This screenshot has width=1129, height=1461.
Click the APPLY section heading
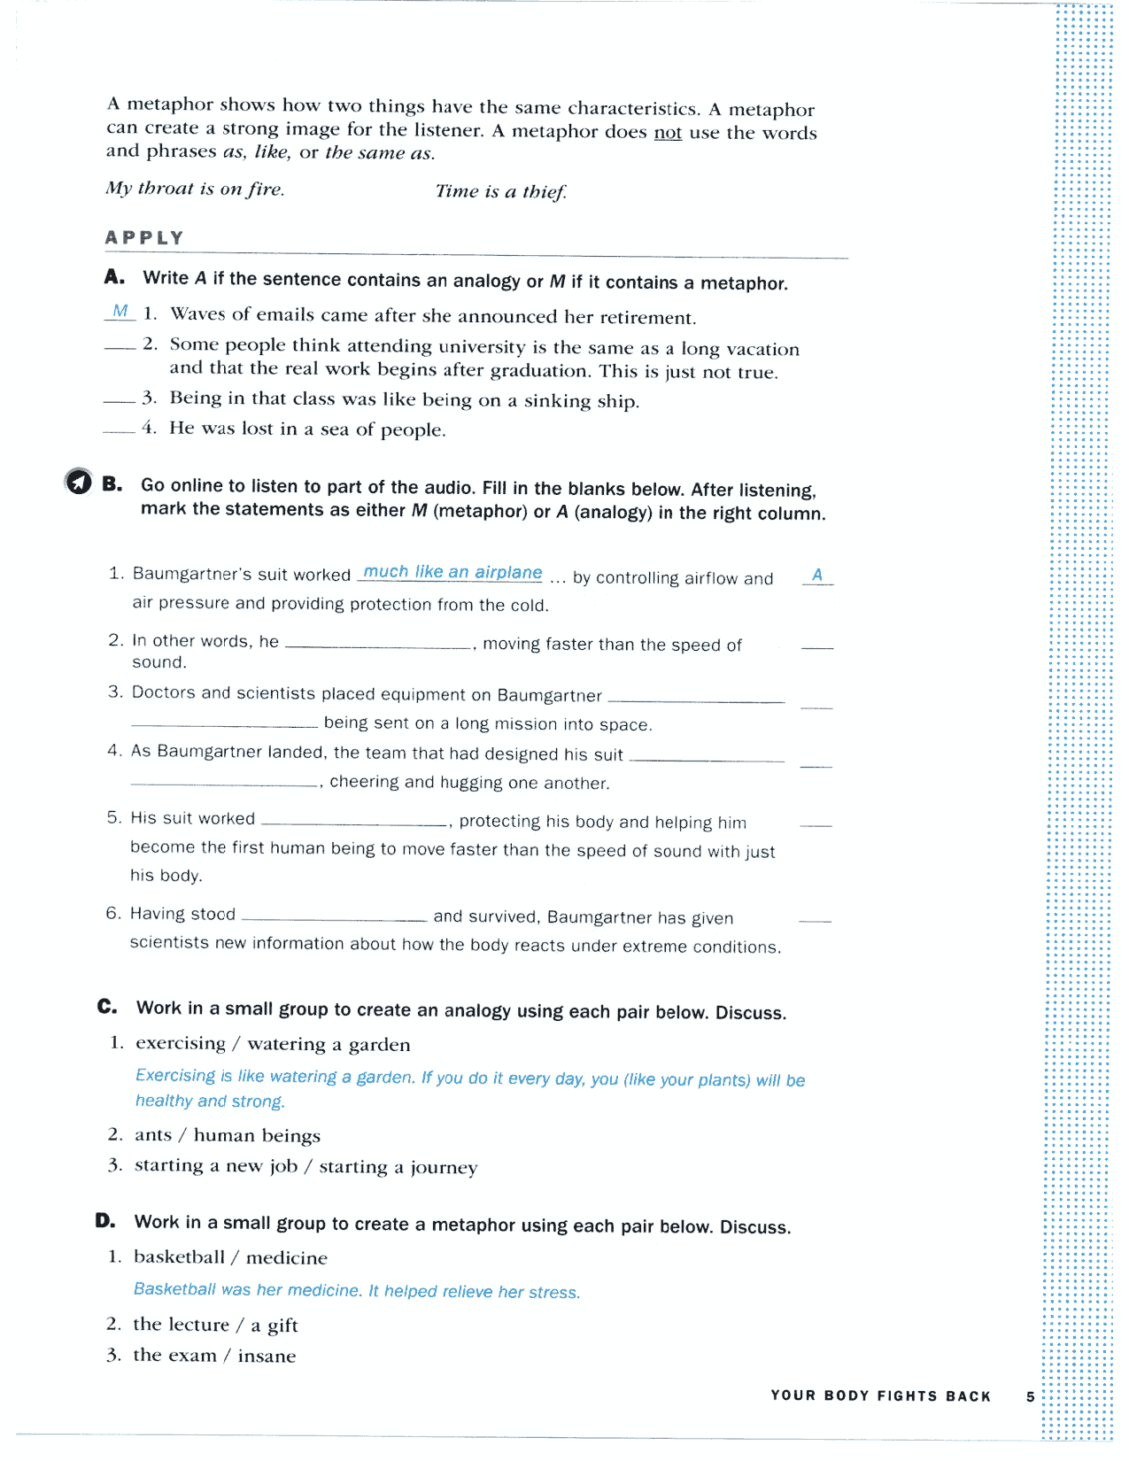[x=144, y=237]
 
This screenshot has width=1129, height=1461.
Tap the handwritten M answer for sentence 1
[x=120, y=311]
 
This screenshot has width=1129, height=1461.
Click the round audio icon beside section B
[x=79, y=481]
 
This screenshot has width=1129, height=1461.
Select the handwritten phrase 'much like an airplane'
[x=452, y=572]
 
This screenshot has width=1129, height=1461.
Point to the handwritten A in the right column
[x=817, y=575]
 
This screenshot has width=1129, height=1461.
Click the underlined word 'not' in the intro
[x=668, y=133]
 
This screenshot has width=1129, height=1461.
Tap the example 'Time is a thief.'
[x=500, y=191]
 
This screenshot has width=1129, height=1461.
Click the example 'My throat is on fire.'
[x=195, y=189]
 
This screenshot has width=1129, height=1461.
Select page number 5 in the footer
[x=1030, y=1396]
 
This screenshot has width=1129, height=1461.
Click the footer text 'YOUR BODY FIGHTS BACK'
[x=880, y=1395]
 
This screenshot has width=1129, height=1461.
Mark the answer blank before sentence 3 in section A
[x=120, y=401]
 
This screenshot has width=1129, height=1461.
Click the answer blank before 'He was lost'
[x=120, y=431]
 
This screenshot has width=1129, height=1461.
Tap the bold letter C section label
[x=107, y=1007]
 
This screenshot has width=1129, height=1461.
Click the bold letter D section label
[x=105, y=1221]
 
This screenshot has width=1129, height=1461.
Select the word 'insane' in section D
[x=267, y=1356]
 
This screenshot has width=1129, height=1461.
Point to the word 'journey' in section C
[x=444, y=1168]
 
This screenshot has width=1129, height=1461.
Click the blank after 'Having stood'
[x=334, y=918]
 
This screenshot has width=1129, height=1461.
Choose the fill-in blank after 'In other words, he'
[x=378, y=646]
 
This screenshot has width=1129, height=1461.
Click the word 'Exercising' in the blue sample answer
[x=175, y=1075]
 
